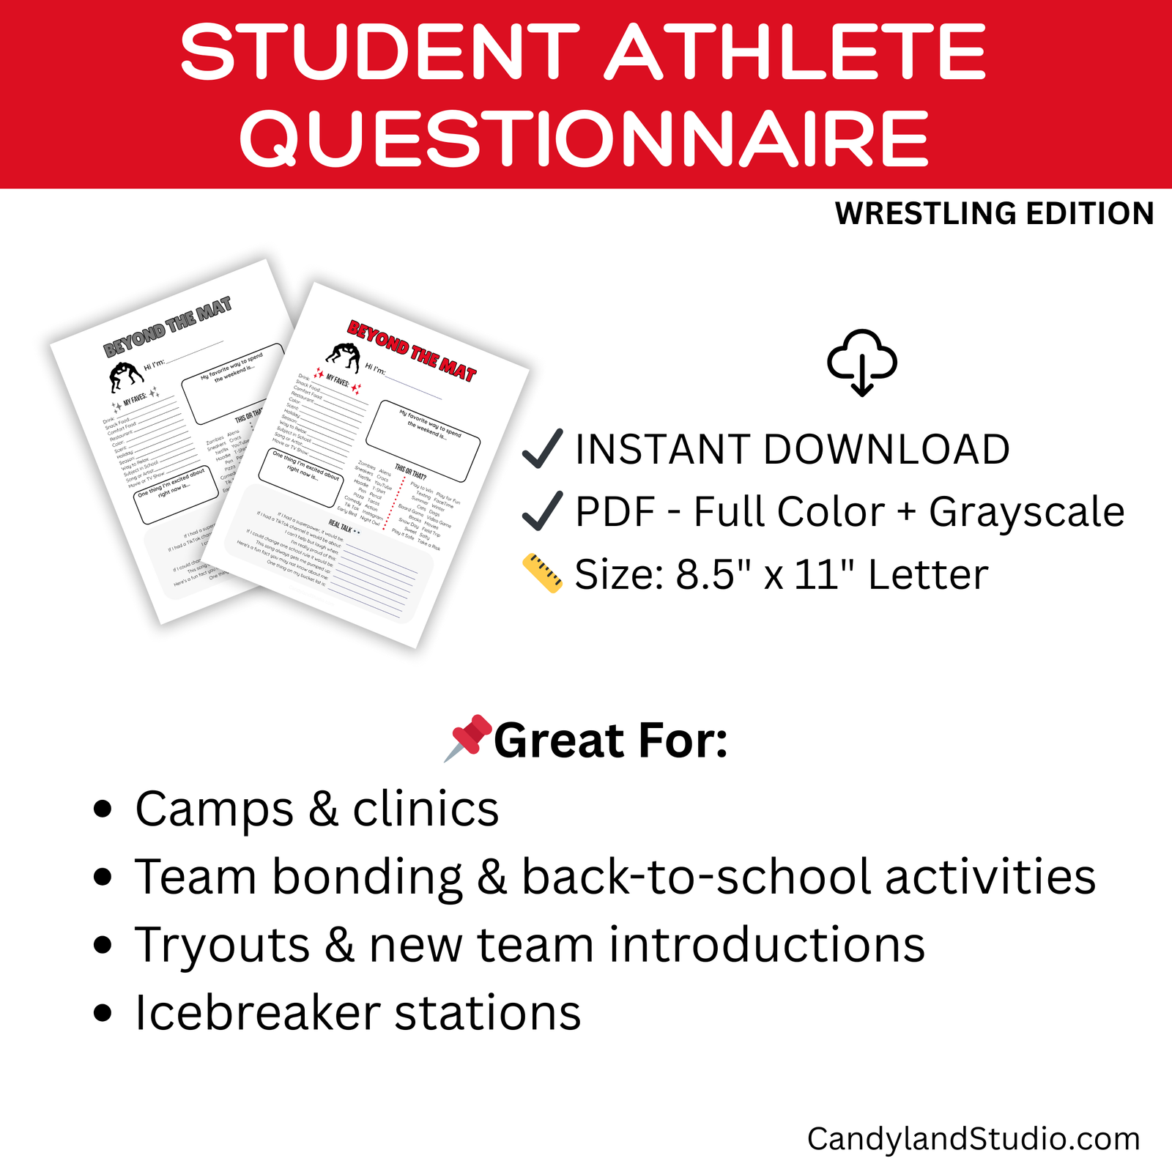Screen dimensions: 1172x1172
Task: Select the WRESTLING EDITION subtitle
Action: point(994,214)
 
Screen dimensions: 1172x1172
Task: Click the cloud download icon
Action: point(862,363)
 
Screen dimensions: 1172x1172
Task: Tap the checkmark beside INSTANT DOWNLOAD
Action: point(543,448)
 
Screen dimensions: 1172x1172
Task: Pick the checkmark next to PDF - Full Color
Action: point(543,511)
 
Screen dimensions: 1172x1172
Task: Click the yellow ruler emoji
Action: point(543,574)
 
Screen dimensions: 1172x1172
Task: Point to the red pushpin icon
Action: point(469,737)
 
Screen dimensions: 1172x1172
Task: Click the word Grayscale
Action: point(1026,511)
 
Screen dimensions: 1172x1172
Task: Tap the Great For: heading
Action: point(610,741)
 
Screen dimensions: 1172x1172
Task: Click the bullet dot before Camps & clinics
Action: point(103,809)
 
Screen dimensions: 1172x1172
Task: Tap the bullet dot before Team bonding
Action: point(103,877)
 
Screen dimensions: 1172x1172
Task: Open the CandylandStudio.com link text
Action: point(973,1139)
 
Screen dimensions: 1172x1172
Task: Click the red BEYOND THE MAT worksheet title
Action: point(412,351)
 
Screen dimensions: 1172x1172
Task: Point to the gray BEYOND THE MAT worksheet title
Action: point(168,327)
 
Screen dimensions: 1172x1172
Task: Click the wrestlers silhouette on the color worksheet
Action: point(344,357)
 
